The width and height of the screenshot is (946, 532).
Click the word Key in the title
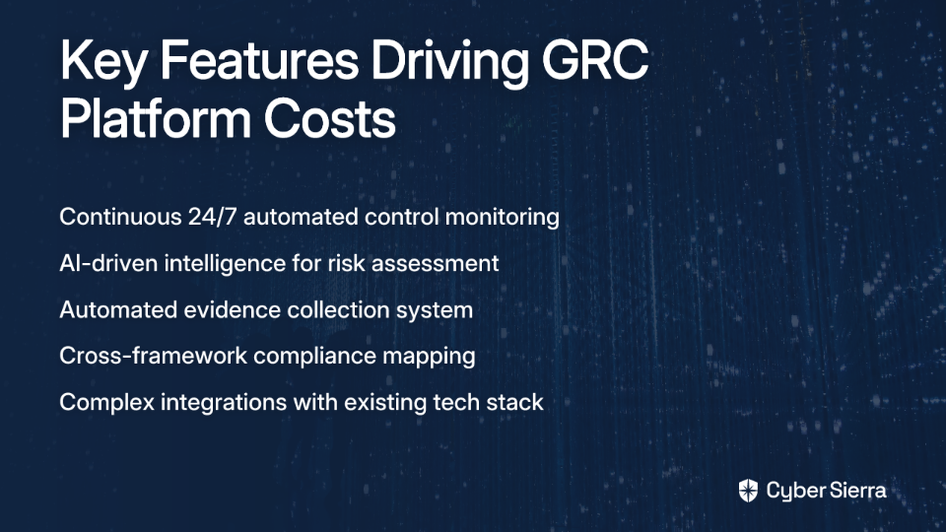pyautogui.click(x=102, y=63)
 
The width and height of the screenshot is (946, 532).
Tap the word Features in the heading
pyautogui.click(x=259, y=60)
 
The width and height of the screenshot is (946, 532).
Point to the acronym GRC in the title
pyautogui.click(x=595, y=60)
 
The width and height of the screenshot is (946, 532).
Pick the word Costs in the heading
pyautogui.click(x=329, y=119)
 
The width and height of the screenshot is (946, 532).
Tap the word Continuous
pyautogui.click(x=120, y=217)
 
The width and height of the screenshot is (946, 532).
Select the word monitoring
pyautogui.click(x=502, y=218)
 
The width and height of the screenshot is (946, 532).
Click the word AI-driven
pyautogui.click(x=108, y=264)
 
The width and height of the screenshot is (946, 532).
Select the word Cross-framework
pyautogui.click(x=154, y=356)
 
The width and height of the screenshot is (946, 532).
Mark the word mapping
pyautogui.click(x=429, y=357)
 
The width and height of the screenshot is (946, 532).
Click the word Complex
pyautogui.click(x=107, y=403)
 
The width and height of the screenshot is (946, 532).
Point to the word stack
pyautogui.click(x=514, y=402)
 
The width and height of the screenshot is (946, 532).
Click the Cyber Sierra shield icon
pyautogui.click(x=748, y=491)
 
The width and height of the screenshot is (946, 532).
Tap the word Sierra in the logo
pyautogui.click(x=856, y=491)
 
